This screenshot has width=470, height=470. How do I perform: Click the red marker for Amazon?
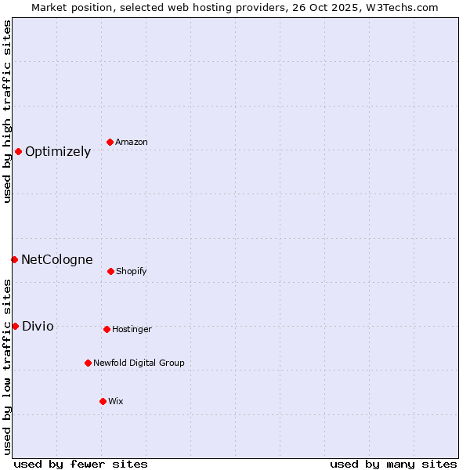[x=110, y=142]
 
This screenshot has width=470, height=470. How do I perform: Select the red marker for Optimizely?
[x=18, y=151]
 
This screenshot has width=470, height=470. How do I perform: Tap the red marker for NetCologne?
[x=14, y=259]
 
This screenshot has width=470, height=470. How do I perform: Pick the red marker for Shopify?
[x=110, y=271]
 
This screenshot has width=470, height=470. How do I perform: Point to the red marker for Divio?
[x=15, y=326]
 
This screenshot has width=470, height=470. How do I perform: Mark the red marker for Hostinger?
[x=107, y=329]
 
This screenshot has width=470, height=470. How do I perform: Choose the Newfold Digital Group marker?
[x=88, y=363]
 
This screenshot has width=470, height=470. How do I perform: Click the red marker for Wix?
[x=103, y=401]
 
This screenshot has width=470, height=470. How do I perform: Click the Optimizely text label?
[x=58, y=152]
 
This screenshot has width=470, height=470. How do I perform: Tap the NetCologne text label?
[x=56, y=260]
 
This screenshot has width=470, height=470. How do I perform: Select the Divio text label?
[x=38, y=327]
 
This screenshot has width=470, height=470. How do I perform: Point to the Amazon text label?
[x=132, y=143]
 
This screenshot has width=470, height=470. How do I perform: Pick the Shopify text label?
[x=132, y=272]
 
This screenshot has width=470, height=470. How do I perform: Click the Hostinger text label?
[x=132, y=330]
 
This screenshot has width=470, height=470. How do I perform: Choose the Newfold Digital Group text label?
[x=139, y=363]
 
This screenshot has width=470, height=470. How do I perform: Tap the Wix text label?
[x=116, y=402]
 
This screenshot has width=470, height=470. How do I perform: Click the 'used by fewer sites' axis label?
[x=81, y=464]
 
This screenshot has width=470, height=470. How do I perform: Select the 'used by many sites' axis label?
[x=393, y=464]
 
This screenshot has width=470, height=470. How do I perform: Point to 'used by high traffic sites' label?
[x=7, y=111]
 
